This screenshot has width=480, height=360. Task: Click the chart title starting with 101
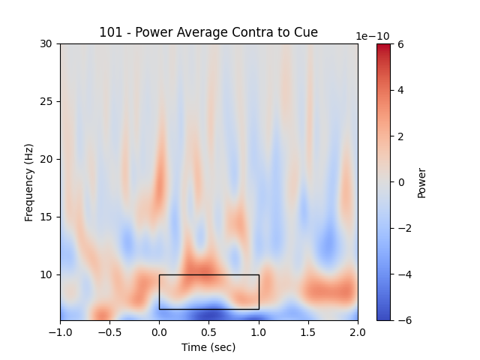[208, 32]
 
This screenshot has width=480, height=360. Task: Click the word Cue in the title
[306, 32]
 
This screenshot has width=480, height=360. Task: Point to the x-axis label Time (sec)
[208, 347]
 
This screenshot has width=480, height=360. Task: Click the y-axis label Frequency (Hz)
[29, 182]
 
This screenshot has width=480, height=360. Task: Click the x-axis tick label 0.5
[209, 331]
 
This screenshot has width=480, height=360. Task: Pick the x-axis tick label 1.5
[308, 331]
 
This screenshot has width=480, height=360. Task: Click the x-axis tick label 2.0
[358, 331]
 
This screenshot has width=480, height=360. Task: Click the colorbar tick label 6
[400, 44]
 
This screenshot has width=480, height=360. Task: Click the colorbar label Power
[421, 182]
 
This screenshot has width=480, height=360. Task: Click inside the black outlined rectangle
[208, 292]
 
